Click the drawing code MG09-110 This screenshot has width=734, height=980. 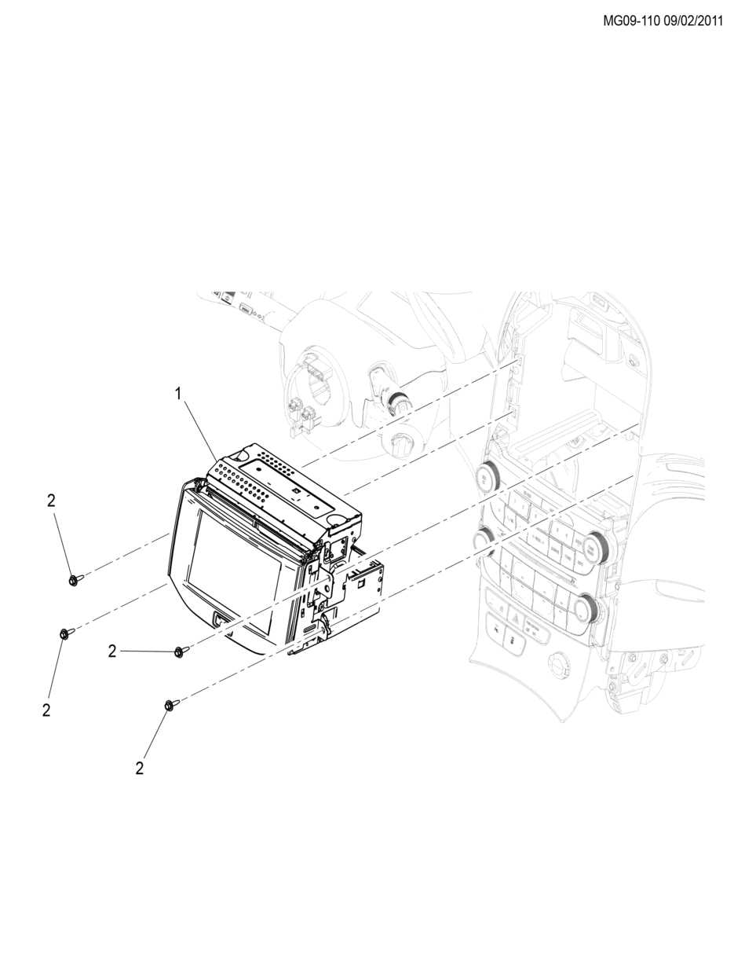click(x=631, y=21)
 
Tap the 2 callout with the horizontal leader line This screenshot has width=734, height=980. click(x=112, y=651)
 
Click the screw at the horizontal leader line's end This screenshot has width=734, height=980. click(x=180, y=651)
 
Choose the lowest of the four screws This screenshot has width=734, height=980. click(x=170, y=706)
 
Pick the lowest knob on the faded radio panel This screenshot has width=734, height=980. click(x=586, y=607)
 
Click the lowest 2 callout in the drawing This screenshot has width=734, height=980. click(x=139, y=768)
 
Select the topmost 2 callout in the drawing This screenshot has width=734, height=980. click(x=51, y=500)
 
